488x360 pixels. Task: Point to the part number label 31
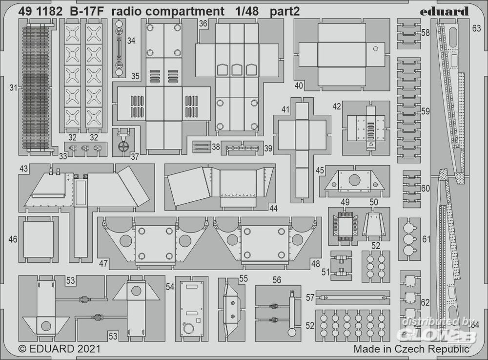click(13, 88)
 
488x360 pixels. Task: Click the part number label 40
click(299, 85)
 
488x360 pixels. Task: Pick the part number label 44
click(273, 208)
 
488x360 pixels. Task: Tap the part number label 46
click(13, 240)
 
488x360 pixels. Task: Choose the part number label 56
click(277, 280)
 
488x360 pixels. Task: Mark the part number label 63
click(476, 29)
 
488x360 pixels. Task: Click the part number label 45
click(320, 170)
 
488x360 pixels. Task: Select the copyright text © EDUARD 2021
click(59, 349)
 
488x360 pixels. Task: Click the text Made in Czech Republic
click(411, 349)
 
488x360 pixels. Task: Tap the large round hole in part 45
click(354, 180)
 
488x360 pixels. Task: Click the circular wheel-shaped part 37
click(123, 146)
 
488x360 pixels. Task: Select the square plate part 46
click(38, 239)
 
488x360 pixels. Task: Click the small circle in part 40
click(375, 48)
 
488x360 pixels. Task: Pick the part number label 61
click(427, 239)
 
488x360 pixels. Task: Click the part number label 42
click(337, 107)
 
